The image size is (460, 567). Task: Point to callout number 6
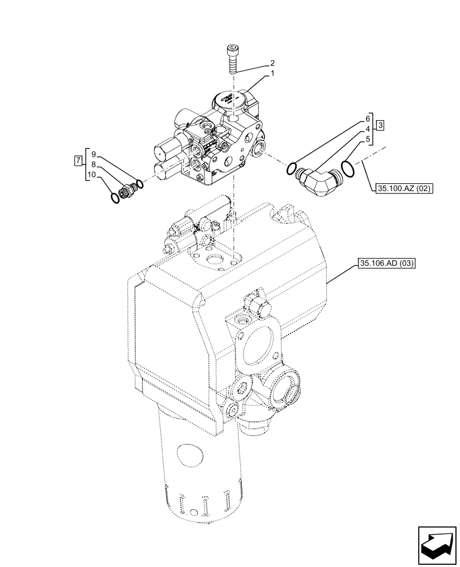367,119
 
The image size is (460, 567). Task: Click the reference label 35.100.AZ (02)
403,188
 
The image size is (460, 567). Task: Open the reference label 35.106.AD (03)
387,263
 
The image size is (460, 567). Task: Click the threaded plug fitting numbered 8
126,189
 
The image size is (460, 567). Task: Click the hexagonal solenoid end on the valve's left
162,151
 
